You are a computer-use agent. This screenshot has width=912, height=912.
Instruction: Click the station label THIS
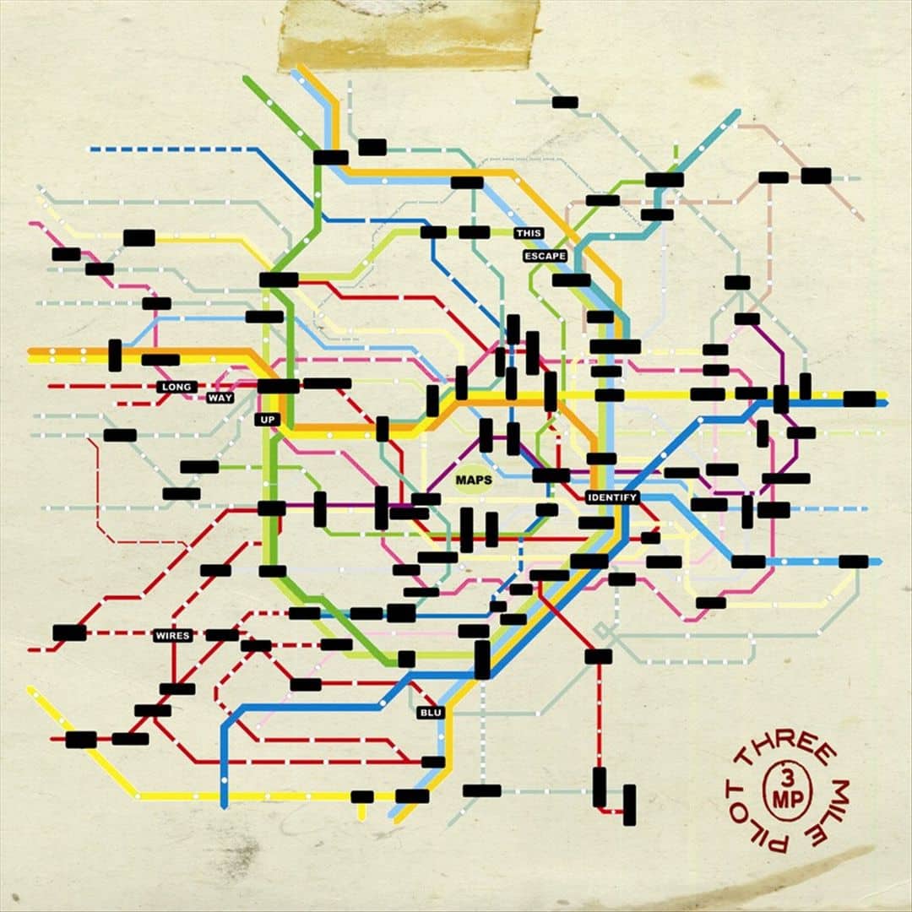pos(529,232)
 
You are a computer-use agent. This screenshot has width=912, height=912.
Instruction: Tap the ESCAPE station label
pos(544,256)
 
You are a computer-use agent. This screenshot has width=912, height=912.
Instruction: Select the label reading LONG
pos(177,387)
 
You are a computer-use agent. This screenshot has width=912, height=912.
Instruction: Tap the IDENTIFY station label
pos(612,497)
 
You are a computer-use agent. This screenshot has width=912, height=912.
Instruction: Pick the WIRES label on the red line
pos(172,635)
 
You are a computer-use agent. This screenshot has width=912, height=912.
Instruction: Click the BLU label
pos(430,713)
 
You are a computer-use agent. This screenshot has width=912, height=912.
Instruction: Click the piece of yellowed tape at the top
pos(409,34)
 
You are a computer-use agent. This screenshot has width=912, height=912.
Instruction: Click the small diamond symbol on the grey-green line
pos(601,630)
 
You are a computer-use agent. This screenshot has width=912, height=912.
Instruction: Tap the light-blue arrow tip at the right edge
pos(878,562)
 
